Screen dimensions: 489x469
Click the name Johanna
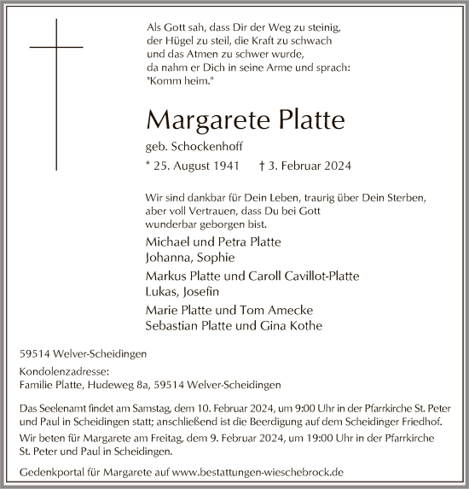point(168,257)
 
